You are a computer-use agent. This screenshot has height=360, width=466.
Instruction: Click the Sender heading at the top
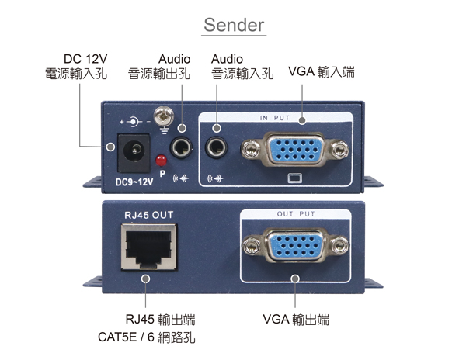click(x=233, y=25)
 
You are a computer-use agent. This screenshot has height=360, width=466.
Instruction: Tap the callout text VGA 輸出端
click(x=295, y=320)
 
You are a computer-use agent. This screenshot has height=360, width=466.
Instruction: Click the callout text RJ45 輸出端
click(x=160, y=320)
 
